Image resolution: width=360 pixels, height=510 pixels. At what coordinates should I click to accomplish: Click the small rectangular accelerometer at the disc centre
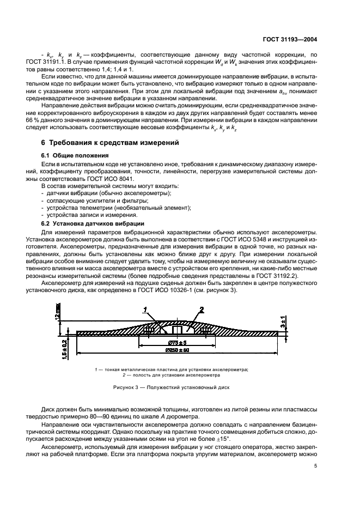(x=176, y=330)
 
